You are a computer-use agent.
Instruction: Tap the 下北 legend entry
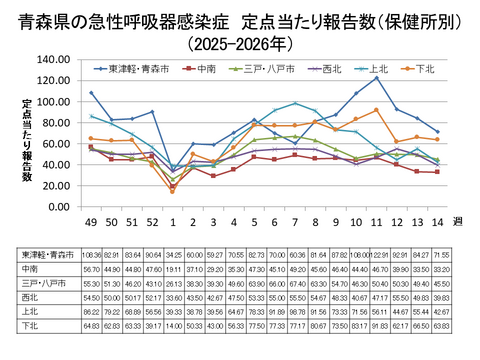(x=422, y=68)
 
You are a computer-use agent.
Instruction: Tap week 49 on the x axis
(x=91, y=221)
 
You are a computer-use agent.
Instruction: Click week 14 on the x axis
(x=435, y=221)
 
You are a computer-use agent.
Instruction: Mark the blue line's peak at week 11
(x=376, y=78)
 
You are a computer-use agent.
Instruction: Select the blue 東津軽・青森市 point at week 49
(x=91, y=93)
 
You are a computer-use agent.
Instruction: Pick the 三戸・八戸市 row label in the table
(x=40, y=282)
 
